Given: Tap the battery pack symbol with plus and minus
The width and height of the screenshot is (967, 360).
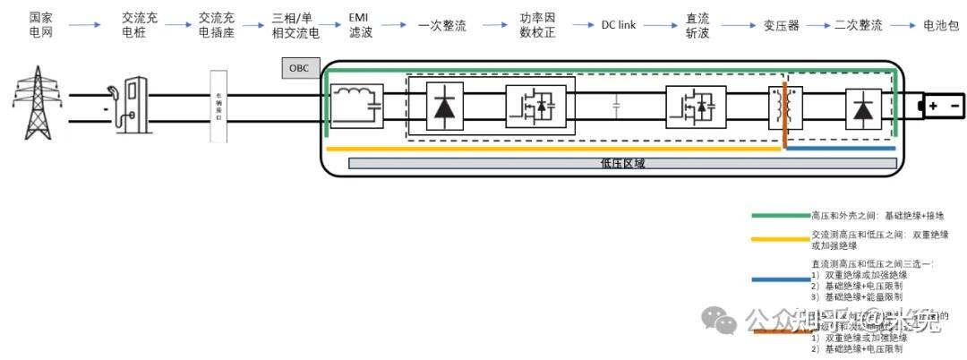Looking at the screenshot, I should coord(940,107).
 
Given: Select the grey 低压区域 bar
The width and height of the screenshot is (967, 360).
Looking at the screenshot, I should coord(622,163).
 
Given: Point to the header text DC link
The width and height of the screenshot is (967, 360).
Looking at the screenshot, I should coord(618,25).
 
